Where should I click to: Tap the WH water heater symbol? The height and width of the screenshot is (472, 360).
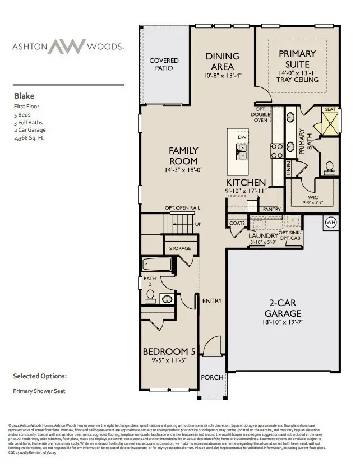coord(331,223)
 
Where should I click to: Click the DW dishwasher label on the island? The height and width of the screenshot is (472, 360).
coord(242,137)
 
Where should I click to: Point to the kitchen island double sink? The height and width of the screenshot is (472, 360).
coord(242,150)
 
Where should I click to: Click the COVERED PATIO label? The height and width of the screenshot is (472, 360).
coord(164,64)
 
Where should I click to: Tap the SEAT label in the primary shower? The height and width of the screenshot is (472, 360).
coord(330,110)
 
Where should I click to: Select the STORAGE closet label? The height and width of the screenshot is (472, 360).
coord(180,248)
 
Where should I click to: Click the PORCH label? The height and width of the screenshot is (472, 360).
coord(213,377)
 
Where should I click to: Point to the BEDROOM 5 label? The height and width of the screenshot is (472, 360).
coord(169,351)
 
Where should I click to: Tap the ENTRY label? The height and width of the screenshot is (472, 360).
coord(213,301)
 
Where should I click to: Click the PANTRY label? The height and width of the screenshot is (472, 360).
coord(271,209)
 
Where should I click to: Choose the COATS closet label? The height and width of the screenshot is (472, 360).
coord(237,223)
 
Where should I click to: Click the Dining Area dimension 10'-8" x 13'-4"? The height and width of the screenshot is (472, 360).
coord(223,75)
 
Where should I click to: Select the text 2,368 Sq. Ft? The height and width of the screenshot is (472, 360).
coord(30,137)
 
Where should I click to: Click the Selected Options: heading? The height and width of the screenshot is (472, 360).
coord(40,376)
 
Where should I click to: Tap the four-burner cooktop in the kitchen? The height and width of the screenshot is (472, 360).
coord(277,150)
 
